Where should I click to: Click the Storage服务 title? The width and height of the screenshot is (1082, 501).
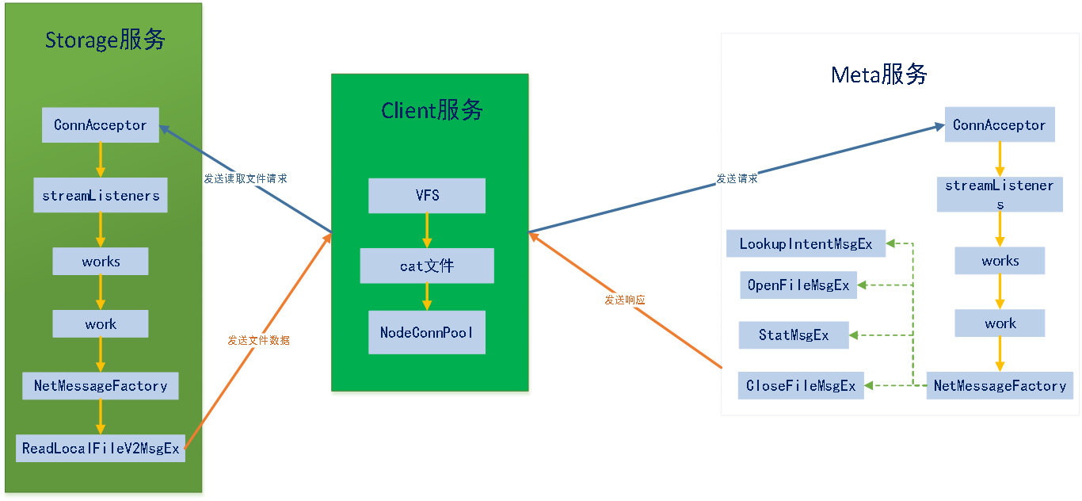[105, 40]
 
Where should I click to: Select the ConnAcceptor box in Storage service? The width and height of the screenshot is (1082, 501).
[100, 125]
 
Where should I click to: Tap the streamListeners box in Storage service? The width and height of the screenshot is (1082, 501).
[100, 196]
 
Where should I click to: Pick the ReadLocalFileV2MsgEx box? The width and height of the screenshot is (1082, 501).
[101, 449]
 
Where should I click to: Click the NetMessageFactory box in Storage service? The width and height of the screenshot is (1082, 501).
[101, 386]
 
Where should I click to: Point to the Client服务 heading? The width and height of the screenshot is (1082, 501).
[431, 110]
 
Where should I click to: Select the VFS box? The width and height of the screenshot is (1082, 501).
[426, 196]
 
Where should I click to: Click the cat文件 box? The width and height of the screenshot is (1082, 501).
[426, 266]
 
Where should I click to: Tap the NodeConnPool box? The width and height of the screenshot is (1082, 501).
[426, 332]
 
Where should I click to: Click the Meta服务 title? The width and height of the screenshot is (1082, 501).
[878, 75]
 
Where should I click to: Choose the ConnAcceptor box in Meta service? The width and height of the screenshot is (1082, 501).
[999, 125]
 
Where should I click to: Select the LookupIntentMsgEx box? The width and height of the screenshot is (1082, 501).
[806, 244]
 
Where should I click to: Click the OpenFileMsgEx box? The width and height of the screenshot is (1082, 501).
[798, 285]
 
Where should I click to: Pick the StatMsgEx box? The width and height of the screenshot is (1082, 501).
[793, 335]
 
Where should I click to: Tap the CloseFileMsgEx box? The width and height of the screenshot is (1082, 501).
[801, 386]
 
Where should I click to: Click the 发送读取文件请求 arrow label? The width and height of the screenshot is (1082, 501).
[245, 179]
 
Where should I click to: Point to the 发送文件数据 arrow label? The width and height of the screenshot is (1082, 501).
[258, 341]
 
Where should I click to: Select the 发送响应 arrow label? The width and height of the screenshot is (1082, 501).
[624, 300]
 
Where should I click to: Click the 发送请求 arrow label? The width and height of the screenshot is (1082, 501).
[737, 179]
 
